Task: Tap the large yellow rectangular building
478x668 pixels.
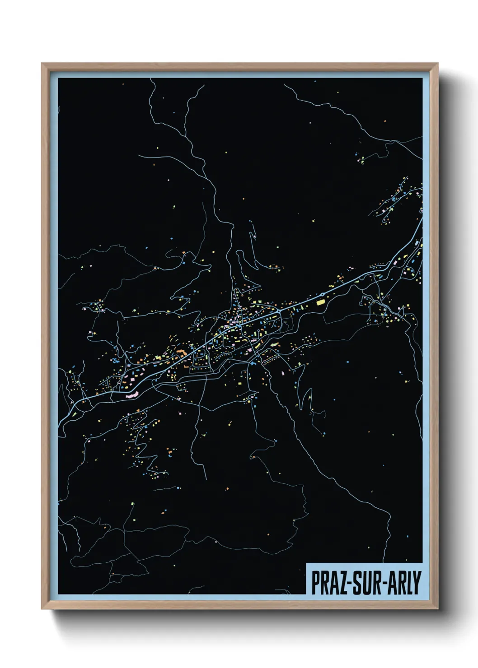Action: [x=321, y=302]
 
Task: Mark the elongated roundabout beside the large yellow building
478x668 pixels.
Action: [x=322, y=295]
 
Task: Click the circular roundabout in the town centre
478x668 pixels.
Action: [x=280, y=311]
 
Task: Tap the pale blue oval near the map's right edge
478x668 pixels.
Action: [x=421, y=210]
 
